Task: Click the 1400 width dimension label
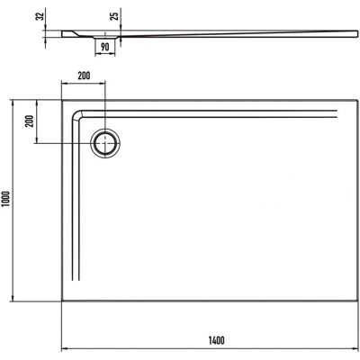(216, 340)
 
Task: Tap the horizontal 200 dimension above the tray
(84, 76)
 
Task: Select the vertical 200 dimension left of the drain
(30, 121)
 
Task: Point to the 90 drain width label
(105, 47)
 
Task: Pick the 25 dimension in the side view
(116, 14)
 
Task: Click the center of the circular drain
(105, 143)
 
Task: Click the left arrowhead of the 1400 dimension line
(64, 349)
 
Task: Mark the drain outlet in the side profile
(105, 37)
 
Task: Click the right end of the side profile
(357, 33)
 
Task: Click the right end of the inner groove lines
(337, 113)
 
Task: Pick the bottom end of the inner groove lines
(76, 280)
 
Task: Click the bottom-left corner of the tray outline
(62, 301)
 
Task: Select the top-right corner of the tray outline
(358, 100)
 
